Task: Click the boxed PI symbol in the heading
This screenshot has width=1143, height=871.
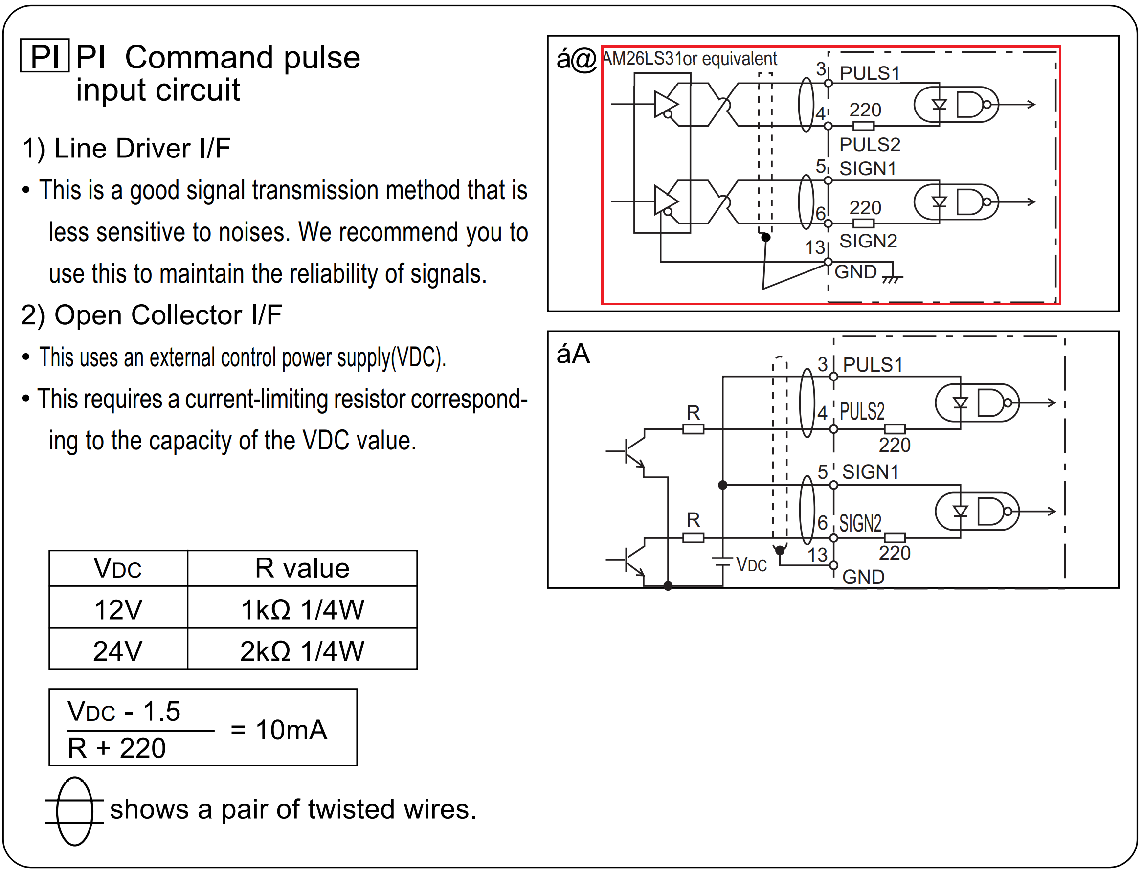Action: tap(45, 56)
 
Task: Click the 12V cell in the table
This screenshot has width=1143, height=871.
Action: tap(118, 610)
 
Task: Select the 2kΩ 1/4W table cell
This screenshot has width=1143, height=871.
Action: tap(302, 651)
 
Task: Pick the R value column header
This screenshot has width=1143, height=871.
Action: tap(302, 568)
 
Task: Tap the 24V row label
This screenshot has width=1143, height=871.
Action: tap(118, 651)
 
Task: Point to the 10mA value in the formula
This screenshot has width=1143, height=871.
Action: tap(291, 730)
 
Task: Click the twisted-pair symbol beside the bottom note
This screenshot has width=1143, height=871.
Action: tap(75, 811)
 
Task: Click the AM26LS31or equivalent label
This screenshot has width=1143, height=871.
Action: tap(690, 59)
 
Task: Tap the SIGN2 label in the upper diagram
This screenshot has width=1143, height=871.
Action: tap(868, 241)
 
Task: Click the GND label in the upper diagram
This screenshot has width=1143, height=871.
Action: tap(855, 272)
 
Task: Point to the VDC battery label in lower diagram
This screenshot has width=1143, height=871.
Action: tap(751, 564)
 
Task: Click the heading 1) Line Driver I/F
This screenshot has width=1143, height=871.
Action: tap(126, 149)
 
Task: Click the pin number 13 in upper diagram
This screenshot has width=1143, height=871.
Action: tap(815, 248)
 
